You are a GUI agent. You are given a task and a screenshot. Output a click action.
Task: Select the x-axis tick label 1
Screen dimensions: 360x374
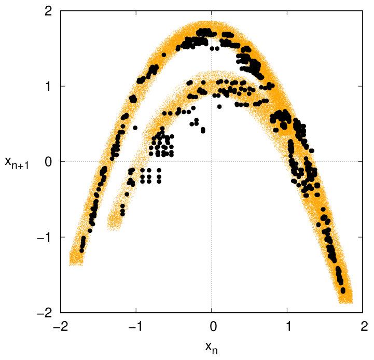(x=288, y=328)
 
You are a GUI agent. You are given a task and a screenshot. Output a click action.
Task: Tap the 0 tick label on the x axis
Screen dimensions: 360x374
(x=212, y=328)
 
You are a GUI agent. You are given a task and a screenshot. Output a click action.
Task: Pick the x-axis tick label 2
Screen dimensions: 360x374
(x=363, y=328)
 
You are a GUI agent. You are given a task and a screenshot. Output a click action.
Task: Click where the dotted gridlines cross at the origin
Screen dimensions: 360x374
(x=212, y=161)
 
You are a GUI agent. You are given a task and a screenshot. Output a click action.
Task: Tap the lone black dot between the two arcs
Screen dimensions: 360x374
(x=135, y=128)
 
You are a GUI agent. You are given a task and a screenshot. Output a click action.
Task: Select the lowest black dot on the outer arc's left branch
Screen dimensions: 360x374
(x=81, y=250)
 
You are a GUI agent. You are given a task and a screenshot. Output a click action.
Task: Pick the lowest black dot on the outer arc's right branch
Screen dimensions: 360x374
(x=343, y=290)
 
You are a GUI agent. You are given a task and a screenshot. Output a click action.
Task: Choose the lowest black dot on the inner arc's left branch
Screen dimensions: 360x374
(x=122, y=213)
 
